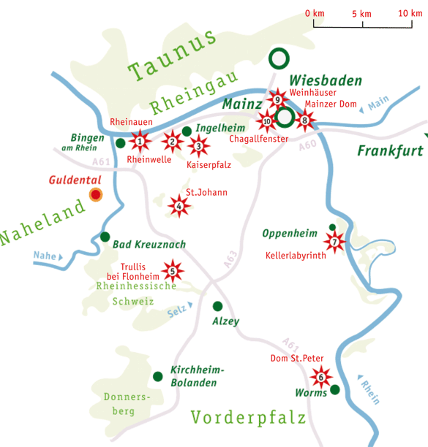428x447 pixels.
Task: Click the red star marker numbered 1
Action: click(140, 140)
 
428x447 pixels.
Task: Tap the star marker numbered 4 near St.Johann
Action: click(179, 207)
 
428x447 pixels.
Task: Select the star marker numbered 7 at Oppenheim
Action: click(334, 242)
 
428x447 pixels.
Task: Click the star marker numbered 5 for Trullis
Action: click(172, 272)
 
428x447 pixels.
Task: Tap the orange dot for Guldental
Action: click(94, 194)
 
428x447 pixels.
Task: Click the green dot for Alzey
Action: click(217, 306)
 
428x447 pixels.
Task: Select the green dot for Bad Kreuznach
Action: click(105, 237)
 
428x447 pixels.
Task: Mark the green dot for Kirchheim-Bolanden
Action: click(157, 376)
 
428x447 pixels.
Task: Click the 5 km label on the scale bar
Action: click(361, 14)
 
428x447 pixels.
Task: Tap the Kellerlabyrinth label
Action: click(296, 256)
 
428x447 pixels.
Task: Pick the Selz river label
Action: click(176, 310)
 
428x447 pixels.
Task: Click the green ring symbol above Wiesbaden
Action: click(278, 57)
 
